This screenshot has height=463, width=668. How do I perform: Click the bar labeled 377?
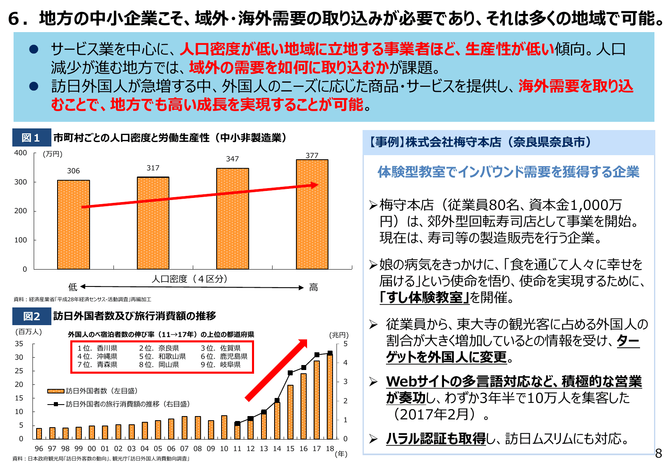point(312,214)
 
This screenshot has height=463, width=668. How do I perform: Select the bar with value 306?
point(74,224)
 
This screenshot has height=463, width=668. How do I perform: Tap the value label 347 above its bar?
point(232,159)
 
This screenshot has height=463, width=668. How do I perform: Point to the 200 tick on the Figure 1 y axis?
point(20,211)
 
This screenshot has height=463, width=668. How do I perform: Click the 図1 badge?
point(31,138)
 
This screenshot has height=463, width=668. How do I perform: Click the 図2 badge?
point(31,316)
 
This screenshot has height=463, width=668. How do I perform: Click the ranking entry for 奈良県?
point(159,348)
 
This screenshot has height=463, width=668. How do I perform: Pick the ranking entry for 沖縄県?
point(97,356)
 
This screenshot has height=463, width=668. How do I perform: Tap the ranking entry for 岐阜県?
point(221,365)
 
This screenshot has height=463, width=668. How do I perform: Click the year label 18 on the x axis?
point(330,448)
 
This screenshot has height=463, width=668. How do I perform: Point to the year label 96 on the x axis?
point(39,449)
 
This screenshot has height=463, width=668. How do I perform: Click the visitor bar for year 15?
point(290,412)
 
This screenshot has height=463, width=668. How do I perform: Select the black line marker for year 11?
point(237,423)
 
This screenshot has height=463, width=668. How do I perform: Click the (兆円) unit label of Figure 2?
point(339,335)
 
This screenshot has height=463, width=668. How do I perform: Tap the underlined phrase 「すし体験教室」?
point(424,297)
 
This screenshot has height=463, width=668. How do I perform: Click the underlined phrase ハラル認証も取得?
point(436,439)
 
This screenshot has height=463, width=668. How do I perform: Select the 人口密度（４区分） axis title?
point(190,279)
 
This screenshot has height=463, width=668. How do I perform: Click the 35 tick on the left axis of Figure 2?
point(19,344)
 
